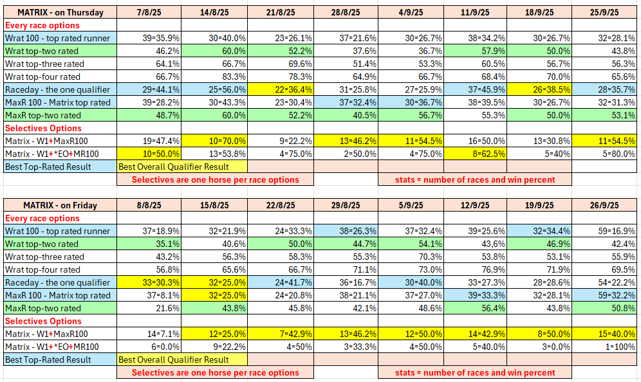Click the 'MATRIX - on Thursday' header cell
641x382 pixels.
click(60, 12)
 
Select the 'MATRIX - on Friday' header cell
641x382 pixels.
click(60, 205)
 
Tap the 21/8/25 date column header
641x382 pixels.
click(280, 12)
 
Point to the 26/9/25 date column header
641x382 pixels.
click(604, 205)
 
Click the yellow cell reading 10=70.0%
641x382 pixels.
click(214, 141)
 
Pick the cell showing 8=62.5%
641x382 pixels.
click(474, 154)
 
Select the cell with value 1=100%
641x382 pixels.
click(604, 347)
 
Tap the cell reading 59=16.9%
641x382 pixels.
click(604, 231)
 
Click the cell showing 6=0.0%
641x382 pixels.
click(149, 347)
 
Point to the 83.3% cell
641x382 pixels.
click(214, 77)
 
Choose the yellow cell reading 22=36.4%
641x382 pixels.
click(280, 89)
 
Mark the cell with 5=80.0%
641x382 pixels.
click(604, 154)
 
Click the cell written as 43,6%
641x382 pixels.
click(474, 244)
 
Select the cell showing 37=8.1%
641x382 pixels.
click(149, 295)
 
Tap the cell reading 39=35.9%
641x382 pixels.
click(149, 38)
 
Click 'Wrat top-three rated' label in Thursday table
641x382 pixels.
click(45, 64)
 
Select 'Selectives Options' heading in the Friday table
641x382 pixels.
click(43, 321)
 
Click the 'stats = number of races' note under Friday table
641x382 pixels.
click(474, 372)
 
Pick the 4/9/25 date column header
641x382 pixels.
click(410, 12)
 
